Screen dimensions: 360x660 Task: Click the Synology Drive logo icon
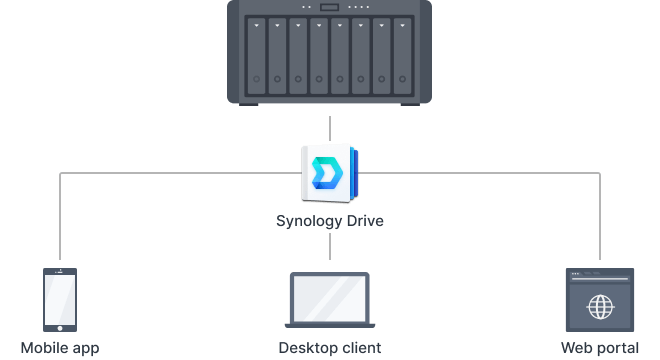[329, 173]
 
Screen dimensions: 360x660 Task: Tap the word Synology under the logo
[309, 220]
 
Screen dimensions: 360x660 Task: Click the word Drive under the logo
[364, 220]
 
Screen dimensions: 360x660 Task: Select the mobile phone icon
[60, 298]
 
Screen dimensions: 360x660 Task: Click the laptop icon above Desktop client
[329, 300]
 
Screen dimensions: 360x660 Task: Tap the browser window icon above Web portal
[600, 299]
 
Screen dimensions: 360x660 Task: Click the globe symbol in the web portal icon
[600, 306]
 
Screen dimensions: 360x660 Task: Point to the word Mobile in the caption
[44, 348]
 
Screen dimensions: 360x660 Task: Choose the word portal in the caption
[618, 349]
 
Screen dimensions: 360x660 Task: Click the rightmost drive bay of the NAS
[402, 56]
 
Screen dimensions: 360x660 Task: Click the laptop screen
[329, 295]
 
